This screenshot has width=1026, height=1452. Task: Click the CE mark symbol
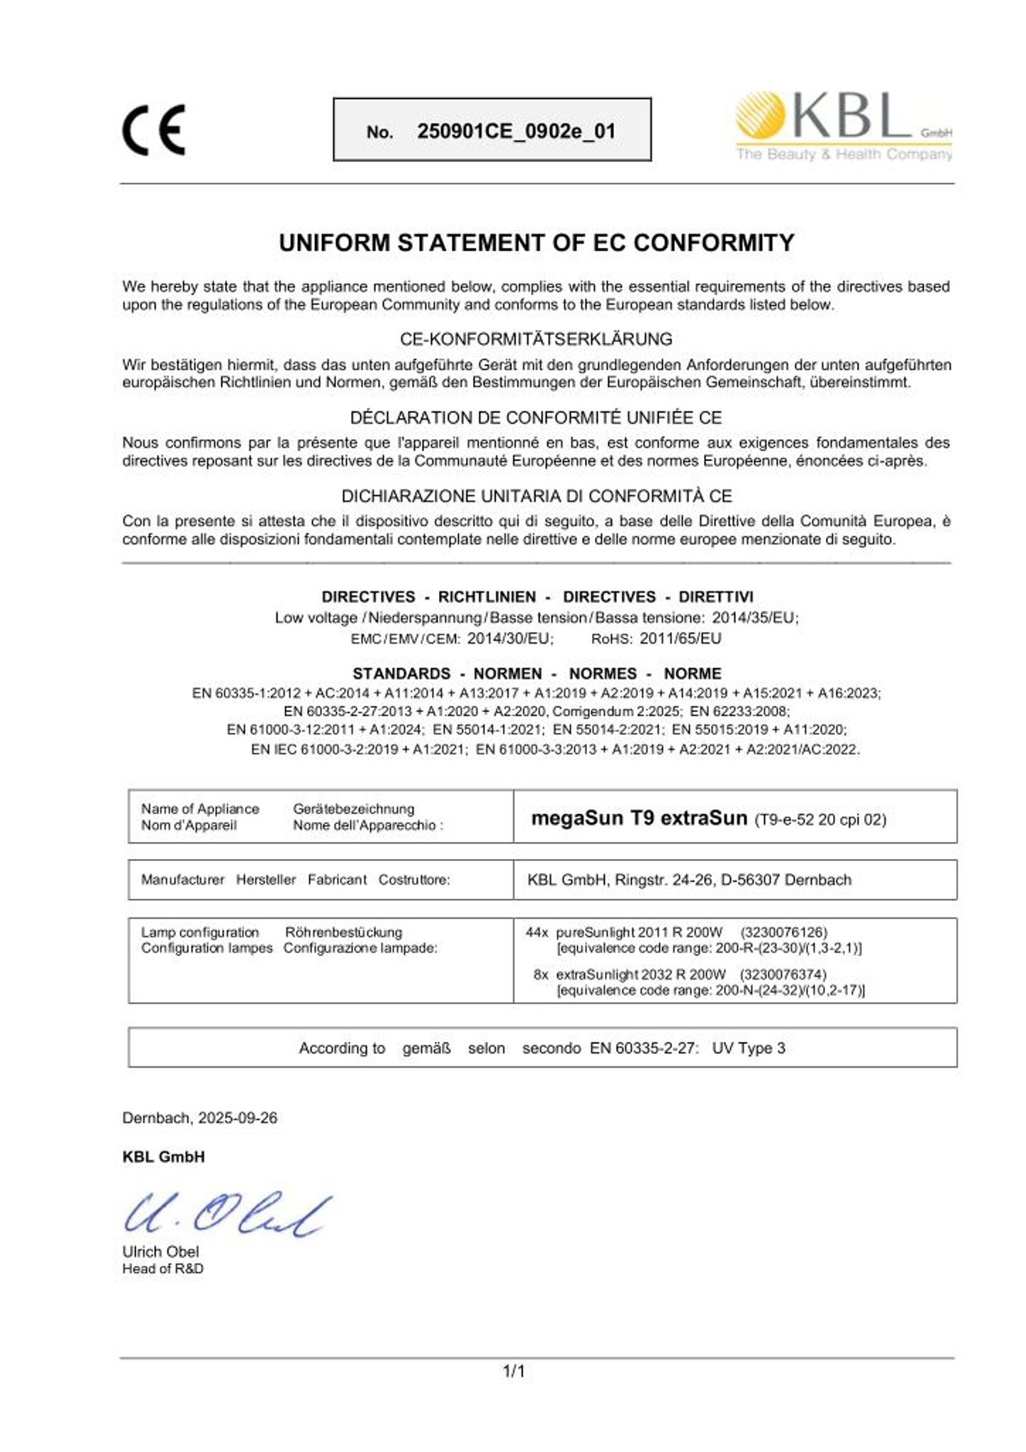[154, 130]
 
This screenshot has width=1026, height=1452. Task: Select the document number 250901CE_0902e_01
[516, 131]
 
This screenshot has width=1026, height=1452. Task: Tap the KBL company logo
[844, 125]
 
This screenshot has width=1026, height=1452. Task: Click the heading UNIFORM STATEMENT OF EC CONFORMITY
[536, 243]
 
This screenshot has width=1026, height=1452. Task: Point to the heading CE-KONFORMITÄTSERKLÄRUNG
[536, 339]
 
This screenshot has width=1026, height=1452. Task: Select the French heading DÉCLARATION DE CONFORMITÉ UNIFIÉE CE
[536, 418]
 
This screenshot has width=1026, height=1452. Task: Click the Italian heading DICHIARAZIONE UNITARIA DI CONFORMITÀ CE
[536, 496]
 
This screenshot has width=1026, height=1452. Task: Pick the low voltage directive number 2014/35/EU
[755, 617]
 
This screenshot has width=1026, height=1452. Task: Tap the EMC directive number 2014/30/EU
[509, 638]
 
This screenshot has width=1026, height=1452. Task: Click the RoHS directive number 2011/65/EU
[680, 638]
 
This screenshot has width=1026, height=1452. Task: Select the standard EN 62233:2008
[739, 711]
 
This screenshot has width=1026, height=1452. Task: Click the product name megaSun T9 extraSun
[638, 818]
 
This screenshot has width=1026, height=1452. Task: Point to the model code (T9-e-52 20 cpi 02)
[820, 819]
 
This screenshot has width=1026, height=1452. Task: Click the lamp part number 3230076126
[784, 932]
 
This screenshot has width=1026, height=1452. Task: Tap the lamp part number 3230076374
[783, 974]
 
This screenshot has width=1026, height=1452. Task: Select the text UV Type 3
[748, 1048]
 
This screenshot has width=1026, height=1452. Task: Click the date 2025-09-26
[237, 1118]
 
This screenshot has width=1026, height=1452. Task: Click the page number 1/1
[514, 1371]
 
